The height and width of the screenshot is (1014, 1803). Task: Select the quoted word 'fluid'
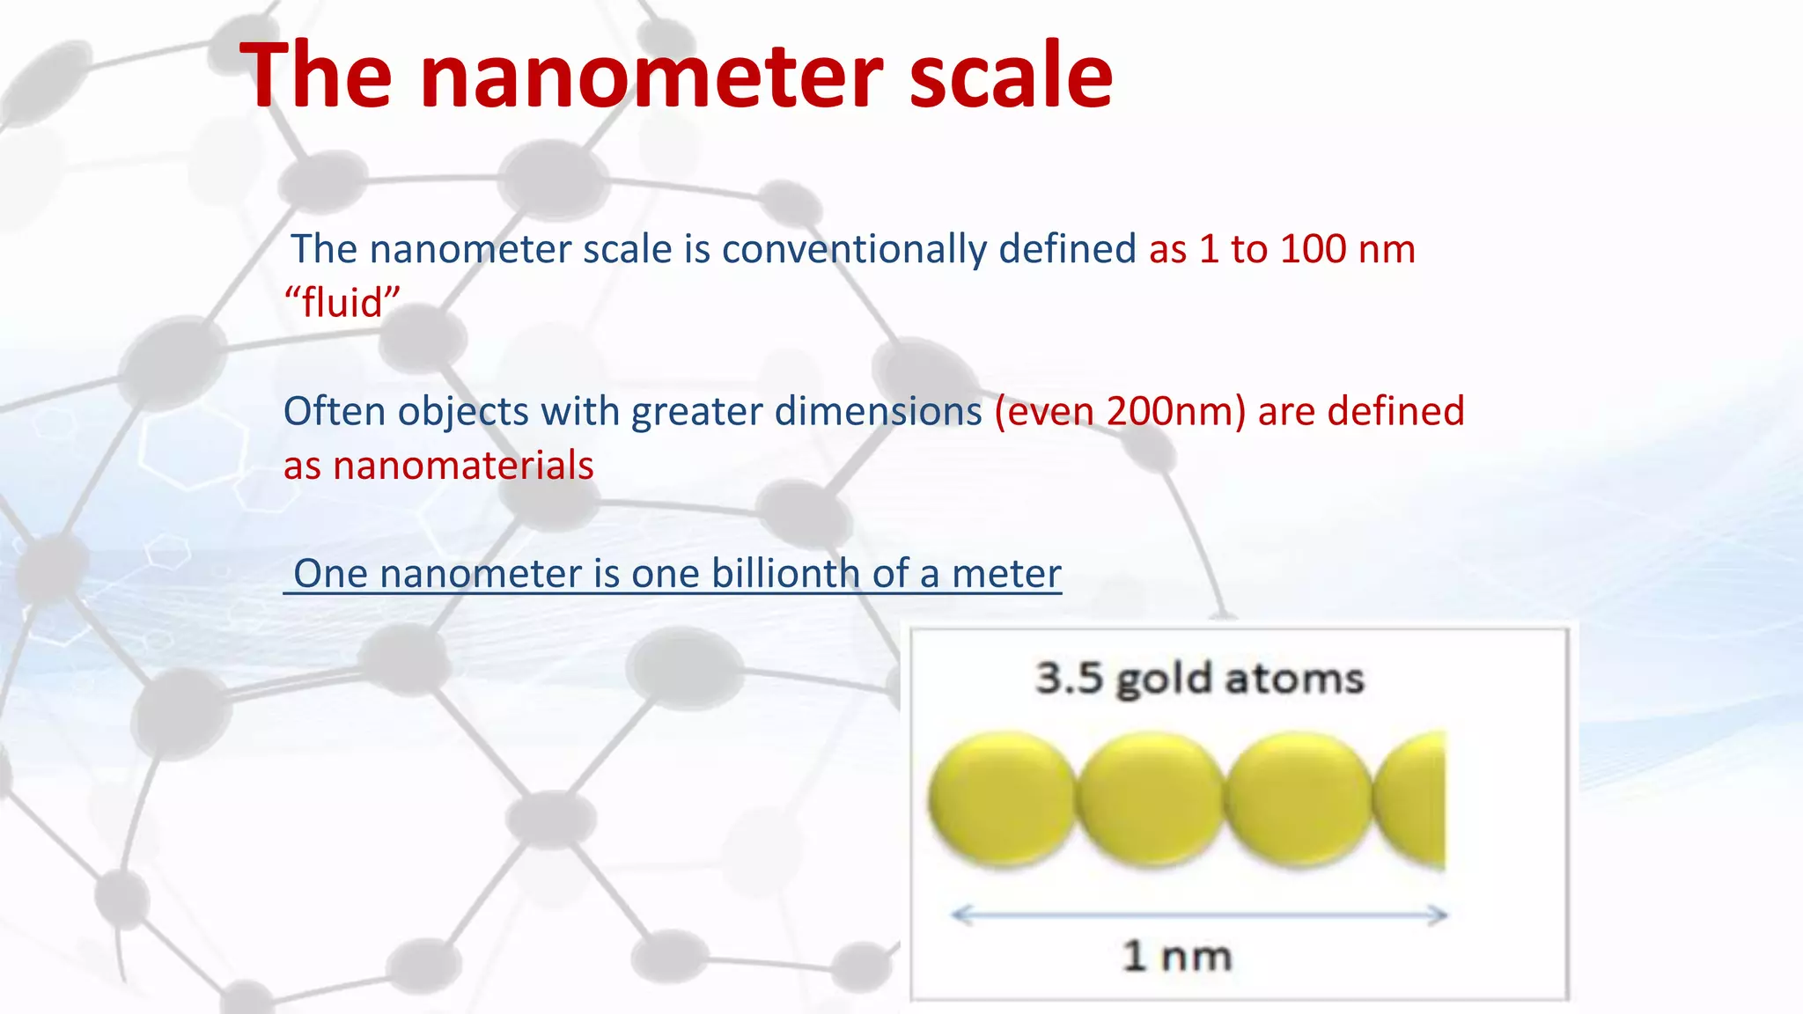tap(342, 303)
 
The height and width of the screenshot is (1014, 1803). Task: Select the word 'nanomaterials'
tap(463, 465)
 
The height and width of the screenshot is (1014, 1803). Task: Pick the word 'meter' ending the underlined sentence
tap(1006, 573)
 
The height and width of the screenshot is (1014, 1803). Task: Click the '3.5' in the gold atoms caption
tap(1068, 678)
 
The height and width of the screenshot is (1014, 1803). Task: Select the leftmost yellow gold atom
tap(1002, 798)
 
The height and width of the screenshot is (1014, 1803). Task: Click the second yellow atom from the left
tap(1151, 798)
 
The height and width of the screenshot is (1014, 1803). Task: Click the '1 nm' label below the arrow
tap(1176, 956)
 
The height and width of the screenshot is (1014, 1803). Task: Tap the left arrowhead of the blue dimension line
tap(960, 915)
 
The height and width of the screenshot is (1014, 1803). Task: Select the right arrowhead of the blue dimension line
tap(1439, 915)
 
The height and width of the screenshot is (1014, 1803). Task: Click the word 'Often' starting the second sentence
tap(335, 411)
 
